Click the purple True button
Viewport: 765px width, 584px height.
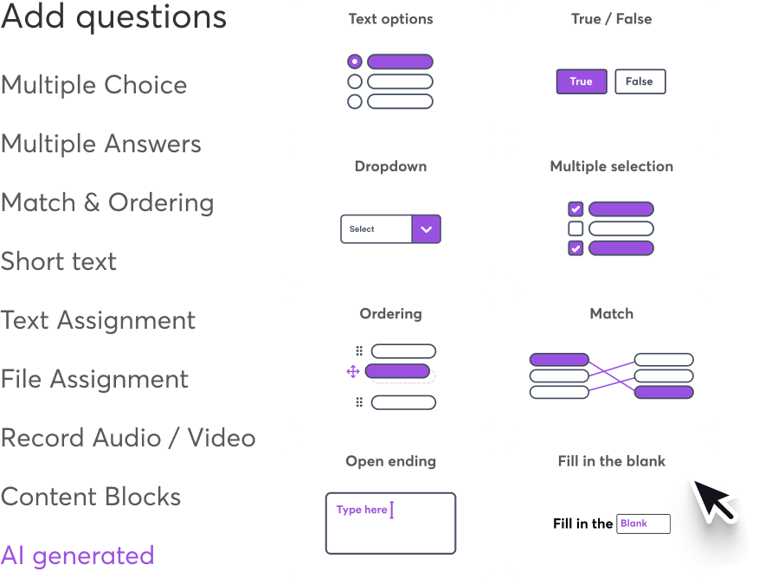(x=581, y=81)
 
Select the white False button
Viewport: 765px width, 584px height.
(x=640, y=81)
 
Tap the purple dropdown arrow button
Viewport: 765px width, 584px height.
(x=426, y=229)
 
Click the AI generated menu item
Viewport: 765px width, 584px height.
(x=77, y=555)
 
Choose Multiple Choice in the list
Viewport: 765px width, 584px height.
(x=93, y=85)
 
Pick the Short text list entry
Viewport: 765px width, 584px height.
(x=59, y=261)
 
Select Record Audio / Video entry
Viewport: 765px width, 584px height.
(x=128, y=438)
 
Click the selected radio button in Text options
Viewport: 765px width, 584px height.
(x=354, y=61)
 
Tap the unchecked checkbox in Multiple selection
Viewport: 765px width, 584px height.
(x=575, y=228)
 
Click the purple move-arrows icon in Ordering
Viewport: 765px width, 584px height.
(x=353, y=371)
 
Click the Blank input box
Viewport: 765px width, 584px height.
(x=643, y=523)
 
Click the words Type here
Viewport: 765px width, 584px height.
(x=362, y=510)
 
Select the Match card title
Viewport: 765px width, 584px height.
(x=611, y=313)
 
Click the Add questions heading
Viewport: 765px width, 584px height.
(x=113, y=17)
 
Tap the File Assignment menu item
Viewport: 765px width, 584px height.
(x=94, y=379)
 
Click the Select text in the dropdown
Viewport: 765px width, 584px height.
(x=362, y=229)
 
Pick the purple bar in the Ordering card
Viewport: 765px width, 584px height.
(x=397, y=371)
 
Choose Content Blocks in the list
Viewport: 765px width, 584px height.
(x=91, y=497)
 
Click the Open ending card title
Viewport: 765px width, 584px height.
(x=390, y=461)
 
